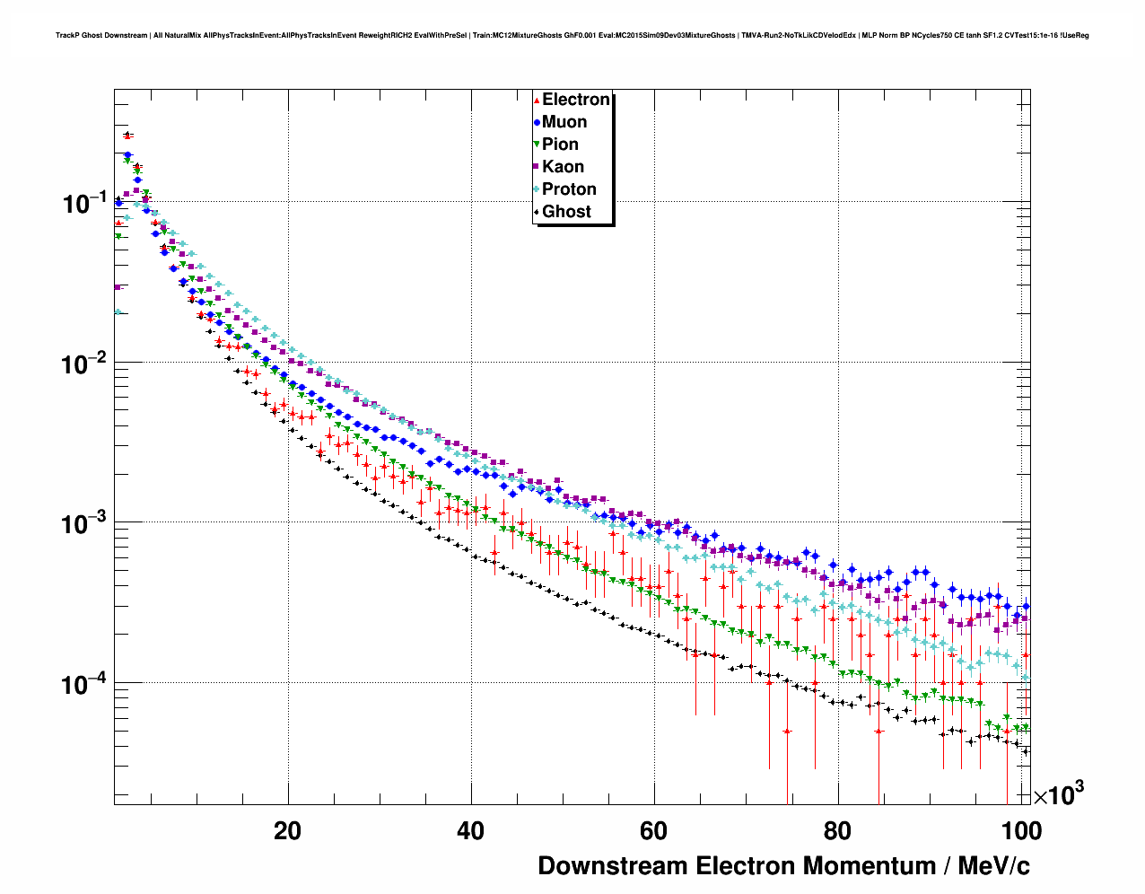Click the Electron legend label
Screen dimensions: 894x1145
[576, 100]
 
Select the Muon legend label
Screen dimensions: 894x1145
[564, 122]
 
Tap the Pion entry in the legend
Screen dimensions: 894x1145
[560, 145]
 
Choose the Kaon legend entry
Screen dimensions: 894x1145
[563, 167]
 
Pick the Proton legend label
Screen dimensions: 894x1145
[569, 189]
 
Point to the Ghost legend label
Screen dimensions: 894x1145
[566, 212]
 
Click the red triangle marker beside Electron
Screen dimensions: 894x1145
[537, 101]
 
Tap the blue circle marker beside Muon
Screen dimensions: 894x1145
[537, 122]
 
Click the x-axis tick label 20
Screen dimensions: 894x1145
[287, 831]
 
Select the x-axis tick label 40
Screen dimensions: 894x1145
[470, 831]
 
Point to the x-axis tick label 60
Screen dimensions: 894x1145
[653, 831]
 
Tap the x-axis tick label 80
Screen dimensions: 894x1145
[836, 831]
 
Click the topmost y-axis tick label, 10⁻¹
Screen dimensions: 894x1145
[84, 203]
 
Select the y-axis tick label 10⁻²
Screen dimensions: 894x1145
[84, 364]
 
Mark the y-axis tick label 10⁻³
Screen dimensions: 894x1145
[84, 523]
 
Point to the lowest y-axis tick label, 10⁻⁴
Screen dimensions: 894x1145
[84, 684]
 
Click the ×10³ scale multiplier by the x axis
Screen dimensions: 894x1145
[1058, 793]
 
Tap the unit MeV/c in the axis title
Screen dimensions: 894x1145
[993, 866]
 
